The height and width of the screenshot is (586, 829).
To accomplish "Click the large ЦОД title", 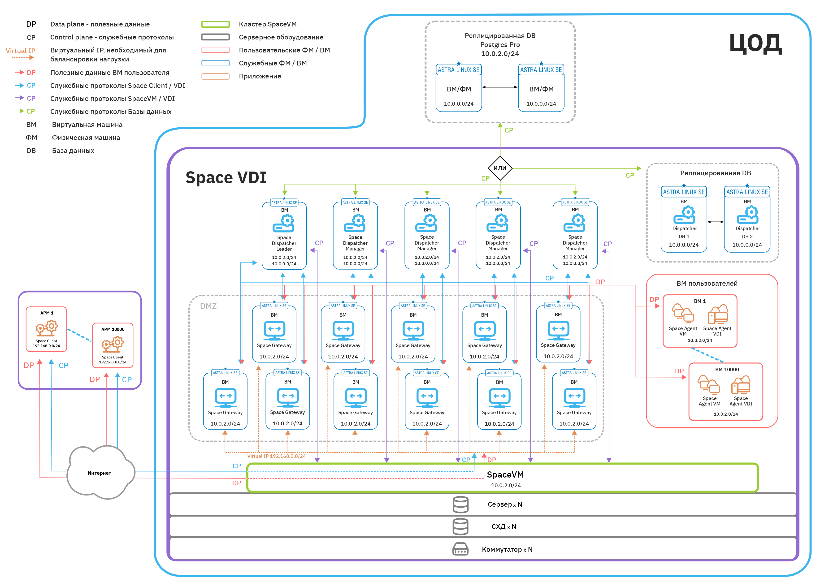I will [755, 44].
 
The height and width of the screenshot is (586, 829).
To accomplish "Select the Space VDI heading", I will [226, 177].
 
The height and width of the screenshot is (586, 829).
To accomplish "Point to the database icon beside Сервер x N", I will [460, 504].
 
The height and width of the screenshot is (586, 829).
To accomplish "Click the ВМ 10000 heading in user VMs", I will [727, 370].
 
